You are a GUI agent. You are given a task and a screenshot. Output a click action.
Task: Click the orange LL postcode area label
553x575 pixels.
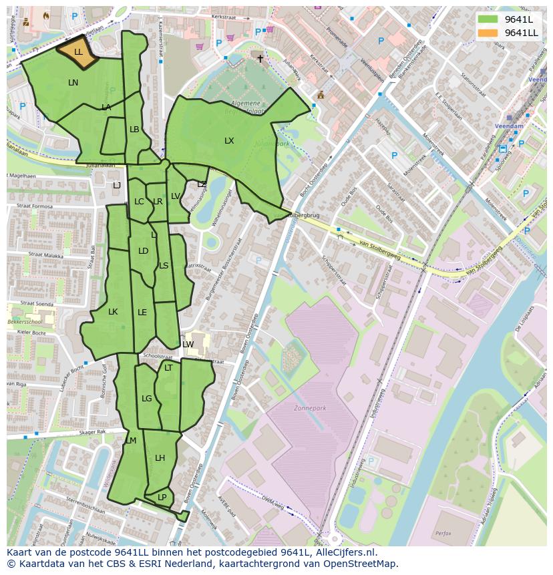pyautogui.click(x=78, y=52)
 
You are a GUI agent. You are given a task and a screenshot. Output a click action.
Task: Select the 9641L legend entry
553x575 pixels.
pyautogui.click(x=518, y=19)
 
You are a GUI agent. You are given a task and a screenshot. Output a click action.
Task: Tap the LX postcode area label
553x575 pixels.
pyautogui.click(x=229, y=141)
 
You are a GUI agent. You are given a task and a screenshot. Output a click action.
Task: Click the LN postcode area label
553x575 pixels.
pyautogui.click(x=73, y=83)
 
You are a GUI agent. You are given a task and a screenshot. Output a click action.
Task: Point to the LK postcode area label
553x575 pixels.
pyautogui.click(x=113, y=312)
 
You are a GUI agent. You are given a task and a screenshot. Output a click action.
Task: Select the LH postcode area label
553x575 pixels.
pyautogui.click(x=160, y=458)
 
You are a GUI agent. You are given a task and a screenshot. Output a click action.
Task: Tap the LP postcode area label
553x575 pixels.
pyautogui.click(x=162, y=498)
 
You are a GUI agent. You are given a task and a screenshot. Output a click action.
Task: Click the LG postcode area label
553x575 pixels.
pyautogui.click(x=147, y=399)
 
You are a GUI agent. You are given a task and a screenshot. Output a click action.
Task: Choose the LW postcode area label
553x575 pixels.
pyautogui.click(x=188, y=345)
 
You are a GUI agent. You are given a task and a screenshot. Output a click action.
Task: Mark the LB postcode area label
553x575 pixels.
pyautogui.click(x=134, y=130)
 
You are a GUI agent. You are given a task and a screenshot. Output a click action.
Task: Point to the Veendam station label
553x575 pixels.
pyautogui.click(x=509, y=126)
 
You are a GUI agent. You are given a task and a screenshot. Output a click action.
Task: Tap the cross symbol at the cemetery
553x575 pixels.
pyautogui.click(x=260, y=59)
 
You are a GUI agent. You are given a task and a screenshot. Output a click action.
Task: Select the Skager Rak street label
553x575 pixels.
pyautogui.click(x=92, y=432)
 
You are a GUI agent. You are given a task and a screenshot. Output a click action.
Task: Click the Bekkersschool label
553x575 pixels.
pyautogui.click(x=24, y=322)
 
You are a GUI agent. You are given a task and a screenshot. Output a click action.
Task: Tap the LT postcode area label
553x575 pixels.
pyautogui.click(x=168, y=368)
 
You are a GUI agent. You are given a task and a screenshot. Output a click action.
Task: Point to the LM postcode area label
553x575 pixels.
pyautogui.click(x=131, y=441)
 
